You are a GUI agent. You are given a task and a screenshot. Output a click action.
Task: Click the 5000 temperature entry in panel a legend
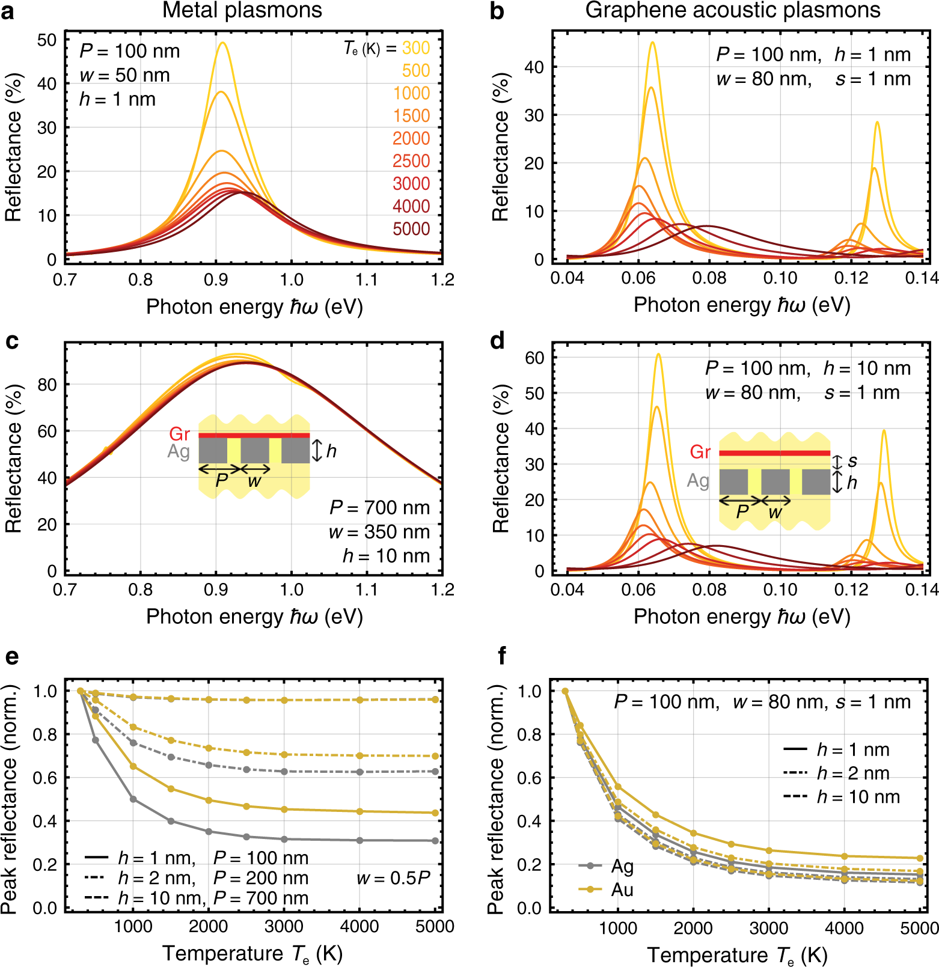(x=411, y=229)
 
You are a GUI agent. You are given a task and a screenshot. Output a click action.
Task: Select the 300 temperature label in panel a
(x=416, y=48)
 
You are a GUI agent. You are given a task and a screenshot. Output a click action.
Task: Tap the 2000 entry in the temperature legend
(x=411, y=138)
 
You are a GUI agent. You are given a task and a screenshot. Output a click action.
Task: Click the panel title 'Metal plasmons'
(x=242, y=10)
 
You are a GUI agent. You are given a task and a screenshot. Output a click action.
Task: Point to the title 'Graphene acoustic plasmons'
(x=733, y=10)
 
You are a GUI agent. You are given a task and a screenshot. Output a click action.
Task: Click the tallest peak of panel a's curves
(x=222, y=43)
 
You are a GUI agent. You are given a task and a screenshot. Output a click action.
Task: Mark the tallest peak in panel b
(x=652, y=43)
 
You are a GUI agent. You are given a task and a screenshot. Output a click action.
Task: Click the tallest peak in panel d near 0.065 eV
(x=659, y=354)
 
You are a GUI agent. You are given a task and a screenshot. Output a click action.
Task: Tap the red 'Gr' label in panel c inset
(x=179, y=434)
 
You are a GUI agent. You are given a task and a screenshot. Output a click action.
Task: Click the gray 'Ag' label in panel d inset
(x=698, y=481)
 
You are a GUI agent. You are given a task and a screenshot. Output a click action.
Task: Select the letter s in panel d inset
(x=852, y=461)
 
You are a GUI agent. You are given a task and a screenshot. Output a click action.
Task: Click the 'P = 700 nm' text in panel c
(x=379, y=508)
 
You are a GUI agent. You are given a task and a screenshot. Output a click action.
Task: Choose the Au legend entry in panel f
(x=622, y=889)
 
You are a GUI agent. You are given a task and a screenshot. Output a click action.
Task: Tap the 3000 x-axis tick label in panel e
(x=284, y=926)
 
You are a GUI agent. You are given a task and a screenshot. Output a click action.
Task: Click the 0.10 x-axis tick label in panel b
(x=780, y=278)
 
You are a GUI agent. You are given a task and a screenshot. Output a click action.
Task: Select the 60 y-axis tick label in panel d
(x=534, y=358)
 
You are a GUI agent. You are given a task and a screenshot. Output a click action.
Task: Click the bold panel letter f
(x=503, y=656)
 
